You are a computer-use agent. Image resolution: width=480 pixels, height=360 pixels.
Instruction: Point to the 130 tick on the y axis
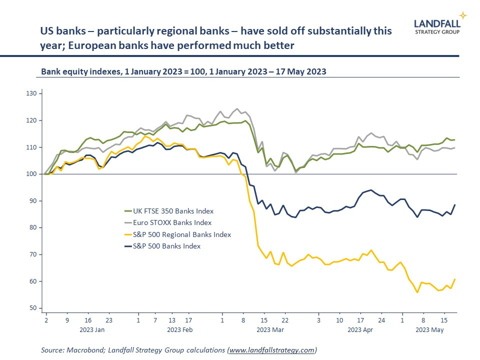tap(31, 93)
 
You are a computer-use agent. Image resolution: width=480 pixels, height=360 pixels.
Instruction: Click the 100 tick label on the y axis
tap(31, 174)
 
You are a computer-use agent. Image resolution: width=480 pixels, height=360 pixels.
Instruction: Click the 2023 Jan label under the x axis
tap(92, 330)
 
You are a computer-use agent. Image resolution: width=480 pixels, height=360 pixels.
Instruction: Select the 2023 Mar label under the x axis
tap(270, 330)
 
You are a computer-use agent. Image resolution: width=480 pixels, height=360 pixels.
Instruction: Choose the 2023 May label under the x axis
tap(430, 330)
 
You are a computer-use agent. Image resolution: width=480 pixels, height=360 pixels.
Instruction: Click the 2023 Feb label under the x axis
tap(179, 330)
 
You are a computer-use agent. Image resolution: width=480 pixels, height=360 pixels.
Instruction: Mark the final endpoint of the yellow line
tap(454, 279)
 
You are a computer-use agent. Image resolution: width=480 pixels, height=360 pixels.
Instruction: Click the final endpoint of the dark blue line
tap(454, 204)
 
